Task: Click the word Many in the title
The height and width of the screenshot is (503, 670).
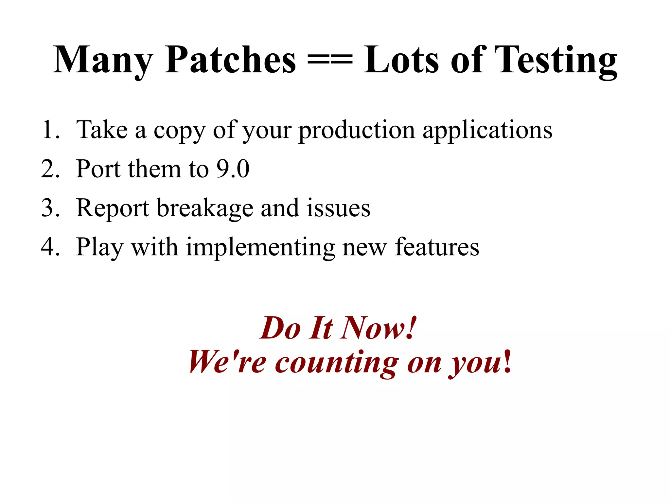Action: click(x=103, y=61)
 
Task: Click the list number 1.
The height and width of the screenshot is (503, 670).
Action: click(x=50, y=130)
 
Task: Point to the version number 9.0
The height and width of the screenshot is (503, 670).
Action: click(x=233, y=169)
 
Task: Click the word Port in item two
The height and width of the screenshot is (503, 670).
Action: click(x=98, y=169)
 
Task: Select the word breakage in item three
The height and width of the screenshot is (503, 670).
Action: click(x=205, y=208)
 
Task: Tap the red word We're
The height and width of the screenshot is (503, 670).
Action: click(x=227, y=362)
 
